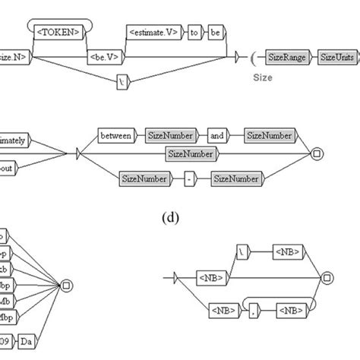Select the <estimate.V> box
click(x=153, y=33)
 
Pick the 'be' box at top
click(x=215, y=33)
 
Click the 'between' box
click(x=115, y=137)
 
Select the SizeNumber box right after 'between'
click(x=169, y=137)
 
